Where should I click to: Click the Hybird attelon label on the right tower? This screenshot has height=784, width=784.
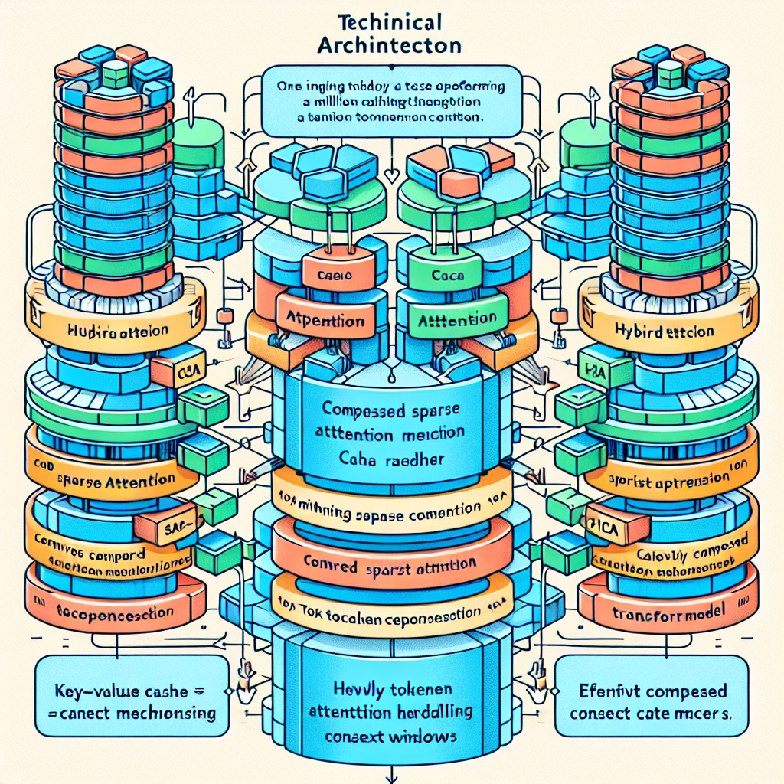click(665, 332)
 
